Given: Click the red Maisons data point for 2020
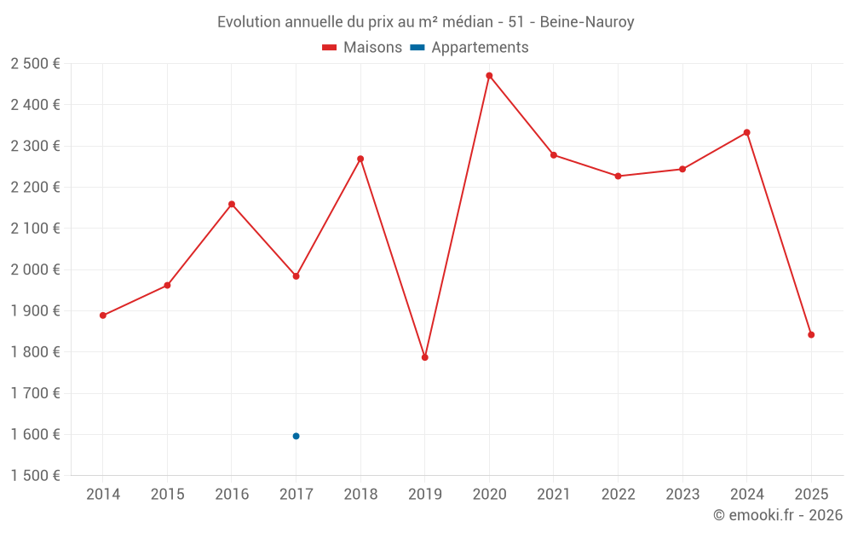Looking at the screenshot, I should click(x=489, y=76).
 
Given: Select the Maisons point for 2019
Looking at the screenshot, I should click(x=424, y=357).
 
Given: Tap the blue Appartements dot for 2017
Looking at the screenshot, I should click(x=296, y=436).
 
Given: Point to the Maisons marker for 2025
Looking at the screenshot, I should click(x=811, y=334).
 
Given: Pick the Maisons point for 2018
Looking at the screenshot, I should click(x=360, y=159).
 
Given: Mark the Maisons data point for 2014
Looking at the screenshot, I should click(x=103, y=316).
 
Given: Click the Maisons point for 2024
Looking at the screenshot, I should click(x=746, y=132).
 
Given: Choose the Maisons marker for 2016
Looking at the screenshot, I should click(x=232, y=204).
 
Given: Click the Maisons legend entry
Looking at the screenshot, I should click(x=363, y=48).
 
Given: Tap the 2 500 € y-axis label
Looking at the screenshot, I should click(x=36, y=64).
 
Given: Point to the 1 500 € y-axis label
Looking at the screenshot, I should click(x=36, y=476).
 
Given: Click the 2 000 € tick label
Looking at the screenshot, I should click(x=36, y=269).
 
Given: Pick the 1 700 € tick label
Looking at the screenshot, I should click(x=36, y=393).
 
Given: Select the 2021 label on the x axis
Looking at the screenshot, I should click(x=554, y=495).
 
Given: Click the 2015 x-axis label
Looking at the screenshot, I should click(x=167, y=495).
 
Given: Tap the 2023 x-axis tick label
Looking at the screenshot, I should click(x=682, y=495).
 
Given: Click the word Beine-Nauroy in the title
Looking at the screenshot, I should click(x=587, y=22).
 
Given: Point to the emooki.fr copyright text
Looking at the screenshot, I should click(x=777, y=515).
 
